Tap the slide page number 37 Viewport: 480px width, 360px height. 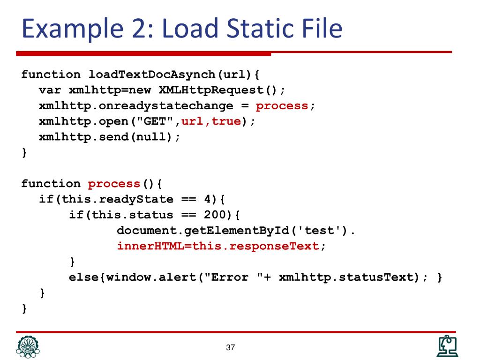(230, 348)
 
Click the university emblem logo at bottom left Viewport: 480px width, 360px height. (28, 347)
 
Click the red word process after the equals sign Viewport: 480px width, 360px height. (282, 105)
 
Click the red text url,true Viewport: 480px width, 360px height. (211, 121)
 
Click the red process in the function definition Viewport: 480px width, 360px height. (114, 184)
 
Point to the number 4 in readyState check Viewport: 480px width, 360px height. (207, 199)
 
